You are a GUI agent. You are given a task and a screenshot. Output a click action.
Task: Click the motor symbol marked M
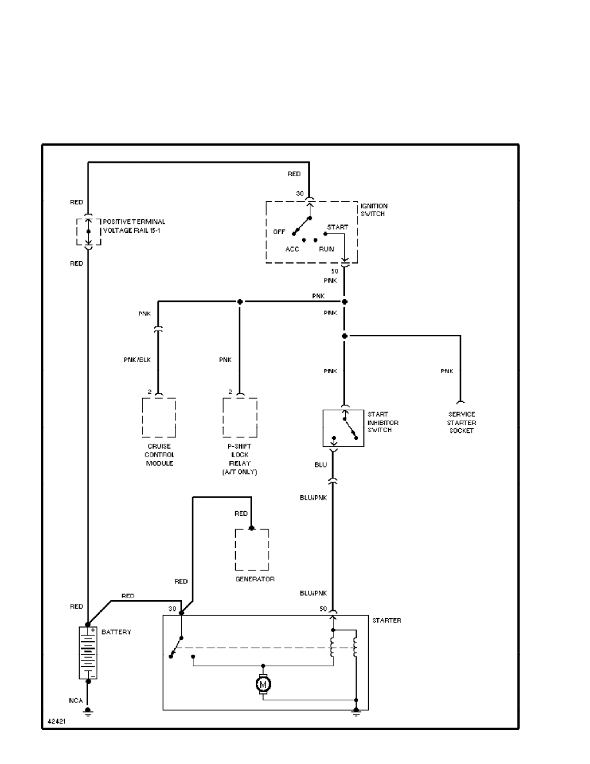pos(263,685)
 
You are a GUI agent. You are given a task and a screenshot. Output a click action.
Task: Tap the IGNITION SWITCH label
pos(374,210)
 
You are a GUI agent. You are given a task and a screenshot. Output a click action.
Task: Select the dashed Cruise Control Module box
pos(159,417)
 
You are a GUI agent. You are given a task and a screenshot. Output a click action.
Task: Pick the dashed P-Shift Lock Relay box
pos(240,417)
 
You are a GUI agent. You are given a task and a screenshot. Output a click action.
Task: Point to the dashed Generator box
pos(252,549)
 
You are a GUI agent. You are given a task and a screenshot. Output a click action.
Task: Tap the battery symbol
pos(87,652)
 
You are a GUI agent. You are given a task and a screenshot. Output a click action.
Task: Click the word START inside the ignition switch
pos(337,228)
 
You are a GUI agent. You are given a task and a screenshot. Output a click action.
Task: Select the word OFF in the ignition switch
pos(279,232)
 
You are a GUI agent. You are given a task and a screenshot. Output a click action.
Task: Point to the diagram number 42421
pos(57,722)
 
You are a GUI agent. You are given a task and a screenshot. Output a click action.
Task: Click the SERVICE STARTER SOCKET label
pos(461,423)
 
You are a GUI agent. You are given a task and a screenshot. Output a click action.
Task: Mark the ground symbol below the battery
pos(87,712)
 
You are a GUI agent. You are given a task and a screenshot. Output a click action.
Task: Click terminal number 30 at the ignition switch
pos(299,193)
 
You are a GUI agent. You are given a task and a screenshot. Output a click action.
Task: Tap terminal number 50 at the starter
pos(323,608)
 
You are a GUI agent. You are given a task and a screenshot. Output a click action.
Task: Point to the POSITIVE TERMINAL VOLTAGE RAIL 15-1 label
pos(130,226)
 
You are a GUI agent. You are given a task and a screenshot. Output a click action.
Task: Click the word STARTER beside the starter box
pos(387,621)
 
